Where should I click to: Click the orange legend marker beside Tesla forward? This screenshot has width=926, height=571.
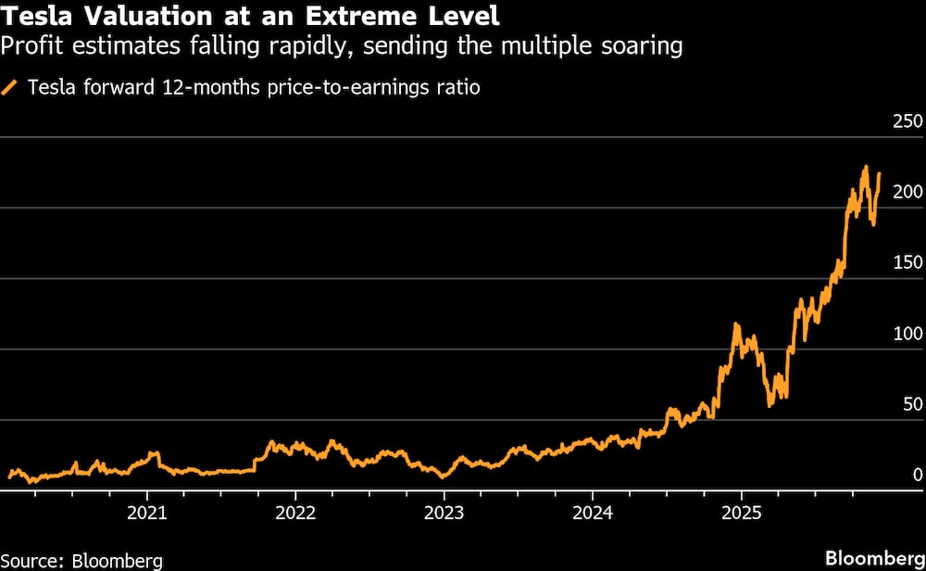tap(11, 88)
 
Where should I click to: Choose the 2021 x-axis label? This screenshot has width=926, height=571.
tap(147, 511)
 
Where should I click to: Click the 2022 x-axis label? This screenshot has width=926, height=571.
tap(296, 511)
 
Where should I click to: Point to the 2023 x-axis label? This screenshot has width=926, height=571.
tap(444, 511)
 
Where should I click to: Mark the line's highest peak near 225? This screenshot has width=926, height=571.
tap(865, 168)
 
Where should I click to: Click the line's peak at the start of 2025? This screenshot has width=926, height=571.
tap(736, 324)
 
